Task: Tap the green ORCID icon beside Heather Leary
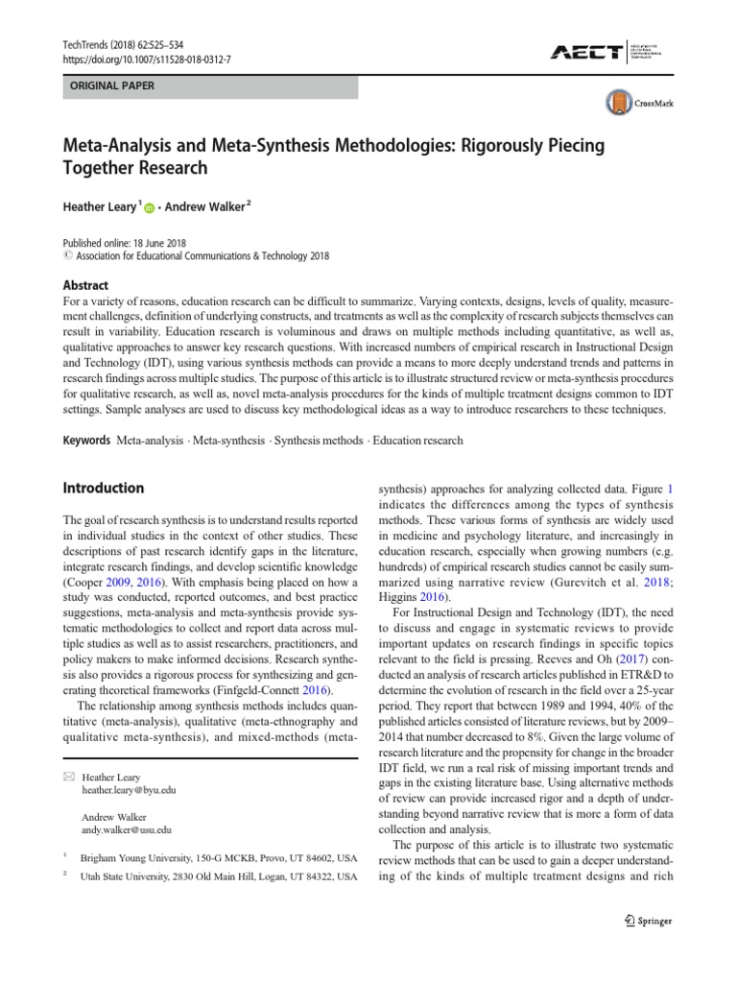click(150, 207)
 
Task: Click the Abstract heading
click(85, 285)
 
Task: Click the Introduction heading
click(103, 488)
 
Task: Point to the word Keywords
click(85, 441)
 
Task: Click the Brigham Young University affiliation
click(219, 856)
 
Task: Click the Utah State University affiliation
click(219, 877)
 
